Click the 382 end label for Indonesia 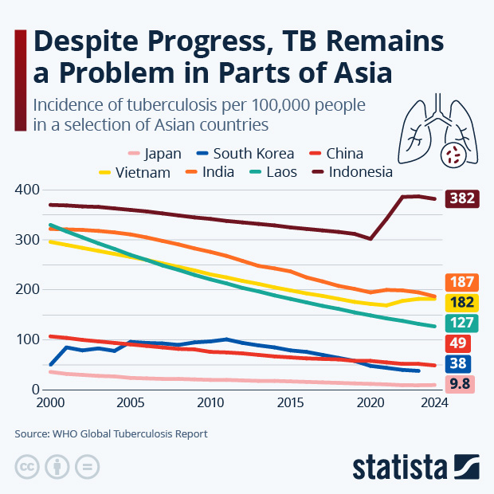pyautogui.click(x=463, y=198)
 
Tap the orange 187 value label pyautogui.click(x=463, y=282)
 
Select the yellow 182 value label pyautogui.click(x=463, y=302)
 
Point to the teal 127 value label pyautogui.click(x=463, y=323)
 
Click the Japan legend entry pyautogui.click(x=155, y=154)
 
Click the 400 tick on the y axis pyautogui.click(x=27, y=190)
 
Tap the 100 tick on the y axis pyautogui.click(x=27, y=339)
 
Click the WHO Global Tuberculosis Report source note pyautogui.click(x=112, y=434)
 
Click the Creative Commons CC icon pyautogui.click(x=27, y=466)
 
